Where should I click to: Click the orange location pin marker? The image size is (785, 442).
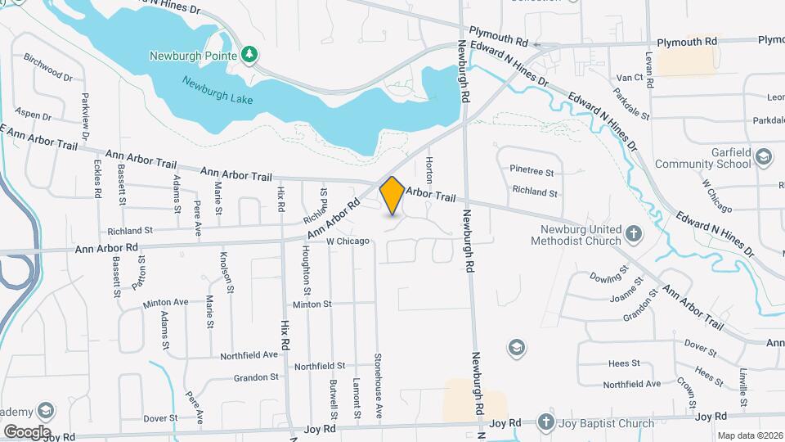click(392, 196)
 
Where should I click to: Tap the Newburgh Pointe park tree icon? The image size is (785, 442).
click(249, 56)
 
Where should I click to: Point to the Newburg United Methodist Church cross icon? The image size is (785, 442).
click(633, 235)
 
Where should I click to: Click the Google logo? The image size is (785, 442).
click(27, 431)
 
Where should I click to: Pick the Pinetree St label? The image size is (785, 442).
click(532, 173)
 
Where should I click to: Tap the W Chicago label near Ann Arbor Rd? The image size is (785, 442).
click(348, 241)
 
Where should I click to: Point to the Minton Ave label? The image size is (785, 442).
click(165, 303)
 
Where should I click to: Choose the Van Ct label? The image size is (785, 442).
click(630, 77)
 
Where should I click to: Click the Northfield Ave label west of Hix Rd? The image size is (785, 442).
click(249, 355)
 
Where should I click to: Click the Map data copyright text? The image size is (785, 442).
click(749, 436)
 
